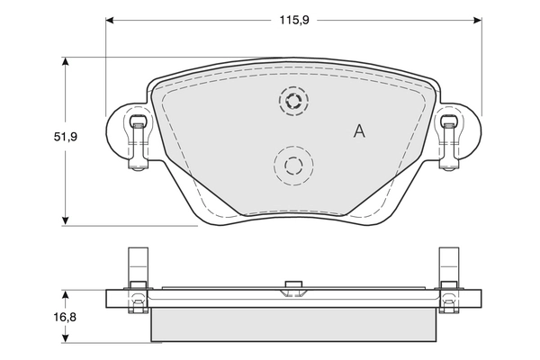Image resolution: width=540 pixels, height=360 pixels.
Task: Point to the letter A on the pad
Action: point(359,131)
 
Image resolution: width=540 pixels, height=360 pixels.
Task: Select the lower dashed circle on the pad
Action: point(293,165)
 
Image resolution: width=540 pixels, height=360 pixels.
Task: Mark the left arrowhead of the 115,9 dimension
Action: point(112,19)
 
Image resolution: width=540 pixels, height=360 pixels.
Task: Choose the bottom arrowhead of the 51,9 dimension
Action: point(66,219)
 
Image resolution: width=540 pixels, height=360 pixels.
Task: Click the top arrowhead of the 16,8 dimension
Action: point(66,295)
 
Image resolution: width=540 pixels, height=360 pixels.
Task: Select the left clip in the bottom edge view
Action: point(136,281)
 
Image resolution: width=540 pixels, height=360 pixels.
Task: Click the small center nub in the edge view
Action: point(292,288)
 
